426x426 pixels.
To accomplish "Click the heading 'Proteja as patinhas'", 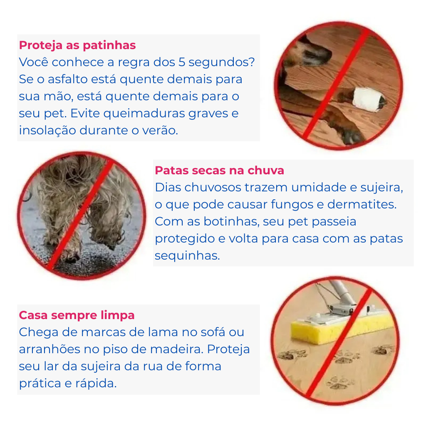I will (77, 45).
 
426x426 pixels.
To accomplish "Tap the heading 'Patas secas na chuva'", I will (219, 171).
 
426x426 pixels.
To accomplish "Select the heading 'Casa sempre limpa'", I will (77, 315).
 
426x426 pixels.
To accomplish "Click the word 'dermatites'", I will (362, 205).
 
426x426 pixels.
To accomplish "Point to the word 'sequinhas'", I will (187, 256).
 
